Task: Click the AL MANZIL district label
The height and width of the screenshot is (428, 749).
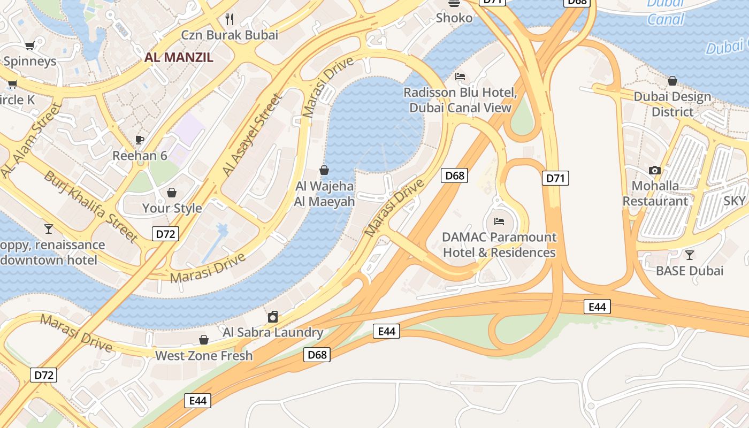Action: (x=179, y=57)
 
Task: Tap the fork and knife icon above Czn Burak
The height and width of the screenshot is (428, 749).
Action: (x=230, y=19)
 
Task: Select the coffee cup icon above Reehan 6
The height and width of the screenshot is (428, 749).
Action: (x=140, y=140)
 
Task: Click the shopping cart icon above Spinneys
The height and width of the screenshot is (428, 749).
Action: (x=30, y=46)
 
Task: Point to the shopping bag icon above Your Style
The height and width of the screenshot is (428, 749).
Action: (x=172, y=193)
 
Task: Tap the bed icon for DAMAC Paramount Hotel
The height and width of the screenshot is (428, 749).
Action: (x=499, y=221)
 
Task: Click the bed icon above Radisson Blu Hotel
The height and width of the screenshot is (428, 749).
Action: (x=460, y=77)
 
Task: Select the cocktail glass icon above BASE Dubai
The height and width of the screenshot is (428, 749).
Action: (x=690, y=255)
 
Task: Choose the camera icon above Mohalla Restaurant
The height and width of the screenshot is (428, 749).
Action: (x=654, y=171)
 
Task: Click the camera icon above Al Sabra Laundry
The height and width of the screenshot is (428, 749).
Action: (x=273, y=317)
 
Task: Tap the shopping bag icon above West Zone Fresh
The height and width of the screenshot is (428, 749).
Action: (x=204, y=340)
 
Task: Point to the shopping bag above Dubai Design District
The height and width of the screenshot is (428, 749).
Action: (x=672, y=81)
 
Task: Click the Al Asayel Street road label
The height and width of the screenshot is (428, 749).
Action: (x=252, y=135)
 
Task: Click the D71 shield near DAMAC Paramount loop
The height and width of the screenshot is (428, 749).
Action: (x=555, y=178)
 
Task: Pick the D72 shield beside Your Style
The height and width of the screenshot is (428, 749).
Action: (x=165, y=234)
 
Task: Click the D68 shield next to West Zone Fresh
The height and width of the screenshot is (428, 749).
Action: (x=317, y=354)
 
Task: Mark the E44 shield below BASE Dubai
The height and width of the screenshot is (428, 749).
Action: (x=597, y=307)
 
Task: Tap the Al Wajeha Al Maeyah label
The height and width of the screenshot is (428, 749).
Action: (x=325, y=194)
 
